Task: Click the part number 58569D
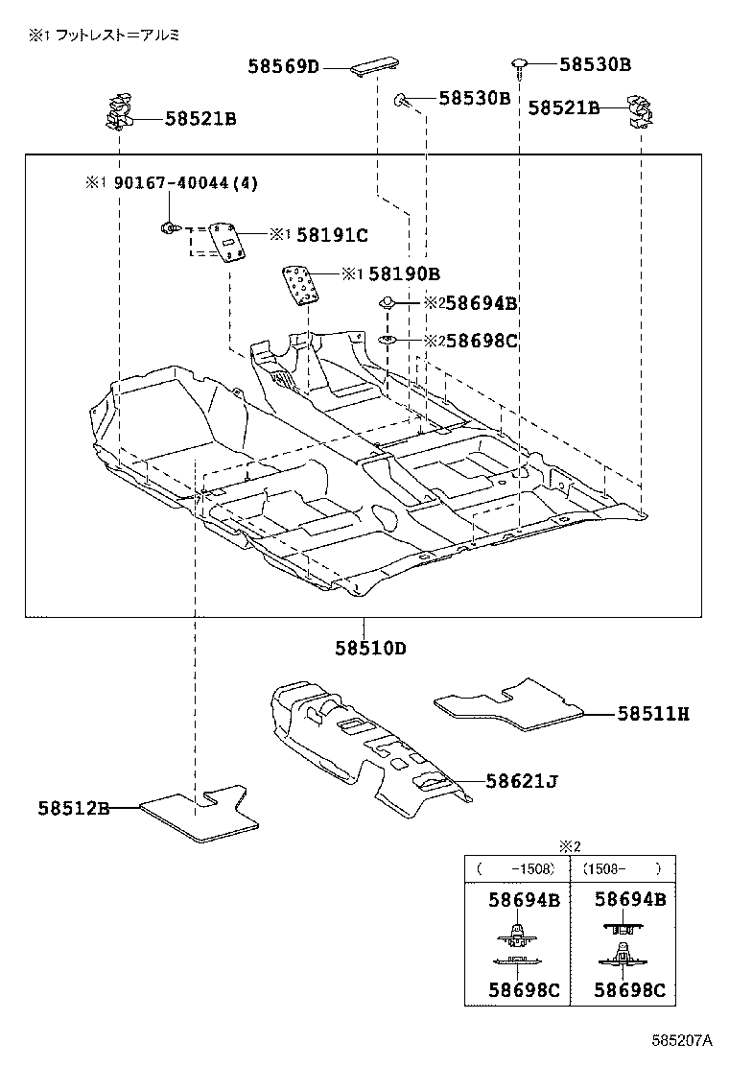tap(284, 66)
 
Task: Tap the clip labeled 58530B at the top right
tap(519, 64)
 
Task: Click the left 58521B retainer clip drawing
tap(118, 112)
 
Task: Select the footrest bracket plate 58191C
tap(227, 240)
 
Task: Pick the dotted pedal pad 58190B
tap(301, 285)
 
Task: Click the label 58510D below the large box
tap(370, 648)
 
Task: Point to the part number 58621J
tap(521, 782)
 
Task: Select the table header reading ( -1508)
tap(517, 869)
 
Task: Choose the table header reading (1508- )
tap(623, 869)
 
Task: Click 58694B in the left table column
tap(524, 900)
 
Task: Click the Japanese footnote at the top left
tap(105, 35)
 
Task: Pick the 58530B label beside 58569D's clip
tap(474, 98)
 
